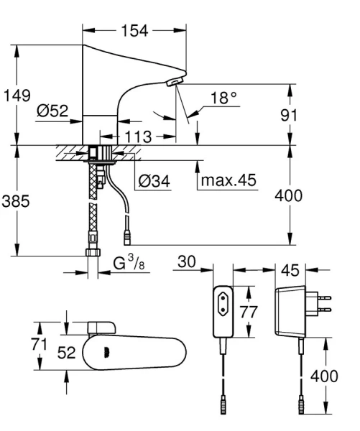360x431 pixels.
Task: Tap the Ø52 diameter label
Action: pos(52,111)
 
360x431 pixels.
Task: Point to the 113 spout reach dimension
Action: pos(137,135)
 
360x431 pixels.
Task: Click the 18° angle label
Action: pos(223,98)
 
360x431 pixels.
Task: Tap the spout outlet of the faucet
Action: pos(172,84)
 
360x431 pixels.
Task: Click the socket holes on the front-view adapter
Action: pos(223,302)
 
